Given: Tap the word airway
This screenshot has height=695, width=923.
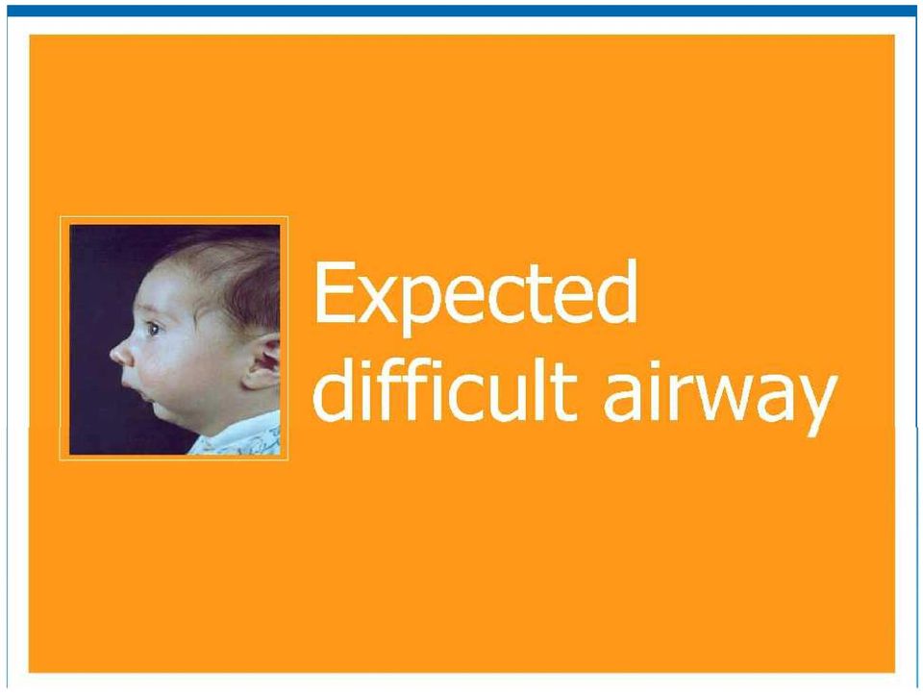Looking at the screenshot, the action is [719, 395].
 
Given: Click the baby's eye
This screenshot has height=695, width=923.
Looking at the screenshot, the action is [153, 329].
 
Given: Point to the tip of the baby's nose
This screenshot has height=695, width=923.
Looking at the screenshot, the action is [112, 354].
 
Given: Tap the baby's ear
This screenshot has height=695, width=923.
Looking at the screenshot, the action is [262, 362].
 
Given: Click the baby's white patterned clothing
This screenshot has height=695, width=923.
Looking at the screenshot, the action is [240, 436].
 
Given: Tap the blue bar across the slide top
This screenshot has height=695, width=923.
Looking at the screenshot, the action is [461, 11].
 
